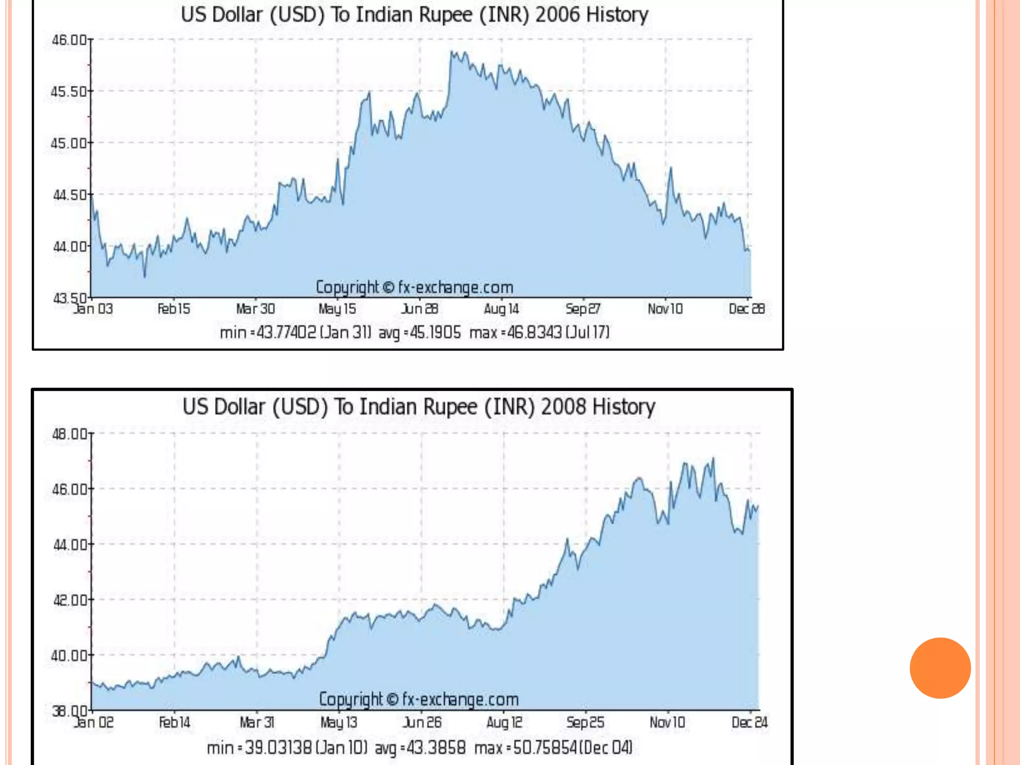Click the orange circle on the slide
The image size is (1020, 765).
940,668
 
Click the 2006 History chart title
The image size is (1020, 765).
414,15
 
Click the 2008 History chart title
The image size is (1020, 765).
418,407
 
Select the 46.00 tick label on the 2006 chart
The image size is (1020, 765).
69,40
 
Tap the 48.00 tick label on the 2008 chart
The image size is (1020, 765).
70,434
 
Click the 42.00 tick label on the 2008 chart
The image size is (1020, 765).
70,600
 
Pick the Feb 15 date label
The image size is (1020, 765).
174,309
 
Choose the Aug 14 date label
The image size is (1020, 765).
502,309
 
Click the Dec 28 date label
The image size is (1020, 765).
747,309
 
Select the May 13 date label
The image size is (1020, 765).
339,723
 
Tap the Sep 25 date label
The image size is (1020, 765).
585,723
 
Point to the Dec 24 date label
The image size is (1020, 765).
750,723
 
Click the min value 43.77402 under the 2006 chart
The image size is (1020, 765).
286,332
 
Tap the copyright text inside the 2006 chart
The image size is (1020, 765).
414,287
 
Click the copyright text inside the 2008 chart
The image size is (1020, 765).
418,700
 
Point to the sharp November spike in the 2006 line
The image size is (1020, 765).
670,169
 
